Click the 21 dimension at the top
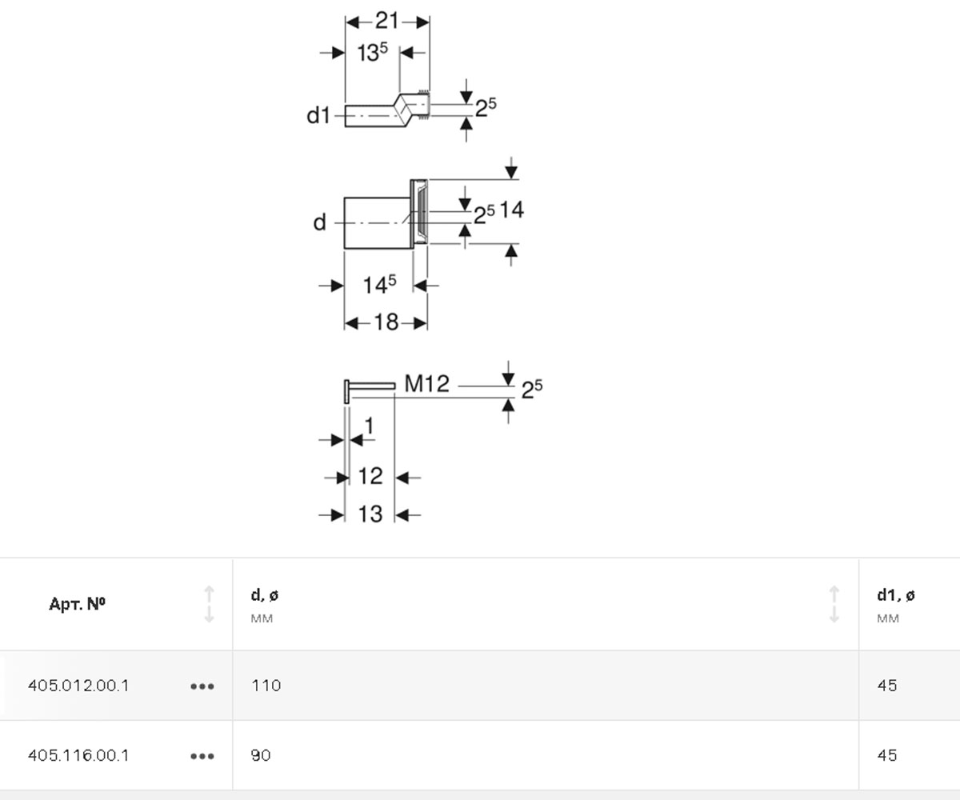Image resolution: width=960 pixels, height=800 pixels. [386, 21]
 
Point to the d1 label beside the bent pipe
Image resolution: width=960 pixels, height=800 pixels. [318, 115]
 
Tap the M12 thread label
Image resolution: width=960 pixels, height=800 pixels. [426, 384]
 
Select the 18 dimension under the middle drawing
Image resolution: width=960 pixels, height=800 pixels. [386, 322]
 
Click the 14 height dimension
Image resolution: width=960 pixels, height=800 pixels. [512, 210]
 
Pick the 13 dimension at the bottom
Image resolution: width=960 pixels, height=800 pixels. [370, 514]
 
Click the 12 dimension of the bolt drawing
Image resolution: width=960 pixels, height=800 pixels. [370, 476]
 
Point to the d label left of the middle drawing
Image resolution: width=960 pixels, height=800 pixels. [319, 222]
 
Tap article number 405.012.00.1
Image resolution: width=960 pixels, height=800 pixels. [78, 686]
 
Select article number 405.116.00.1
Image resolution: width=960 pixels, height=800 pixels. [78, 755]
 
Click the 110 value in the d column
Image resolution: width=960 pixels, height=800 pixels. [266, 686]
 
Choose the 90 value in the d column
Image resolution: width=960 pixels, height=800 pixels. [261, 755]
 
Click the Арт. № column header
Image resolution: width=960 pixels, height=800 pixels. [78, 604]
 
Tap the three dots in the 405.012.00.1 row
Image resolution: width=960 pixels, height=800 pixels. [202, 686]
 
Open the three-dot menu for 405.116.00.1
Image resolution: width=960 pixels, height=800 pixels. [202, 756]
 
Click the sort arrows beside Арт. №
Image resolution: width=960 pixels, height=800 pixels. [209, 604]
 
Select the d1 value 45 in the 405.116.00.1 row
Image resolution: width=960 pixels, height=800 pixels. [887, 755]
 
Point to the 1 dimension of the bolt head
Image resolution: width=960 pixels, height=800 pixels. [369, 426]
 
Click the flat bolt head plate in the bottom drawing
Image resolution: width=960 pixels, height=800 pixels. [346, 392]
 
